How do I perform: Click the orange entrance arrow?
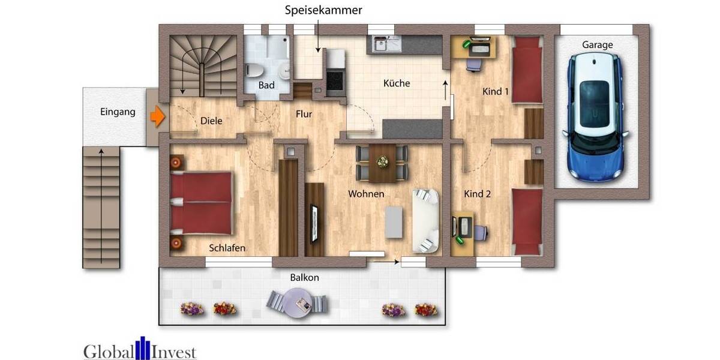pos(157,116)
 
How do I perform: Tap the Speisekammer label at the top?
pos(323,10)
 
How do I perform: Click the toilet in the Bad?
pos(253,70)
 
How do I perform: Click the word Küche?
pos(397,83)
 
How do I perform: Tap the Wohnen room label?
pos(366,194)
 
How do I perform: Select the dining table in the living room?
pos(382,163)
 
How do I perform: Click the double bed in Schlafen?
pos(201,203)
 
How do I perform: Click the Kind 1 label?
pos(496,92)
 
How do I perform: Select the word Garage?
pos(597,45)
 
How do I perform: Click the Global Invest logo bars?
pos(142,349)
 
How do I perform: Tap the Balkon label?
pos(304,278)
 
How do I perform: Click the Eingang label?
pos(118,112)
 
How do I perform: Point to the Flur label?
pos(304,114)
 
